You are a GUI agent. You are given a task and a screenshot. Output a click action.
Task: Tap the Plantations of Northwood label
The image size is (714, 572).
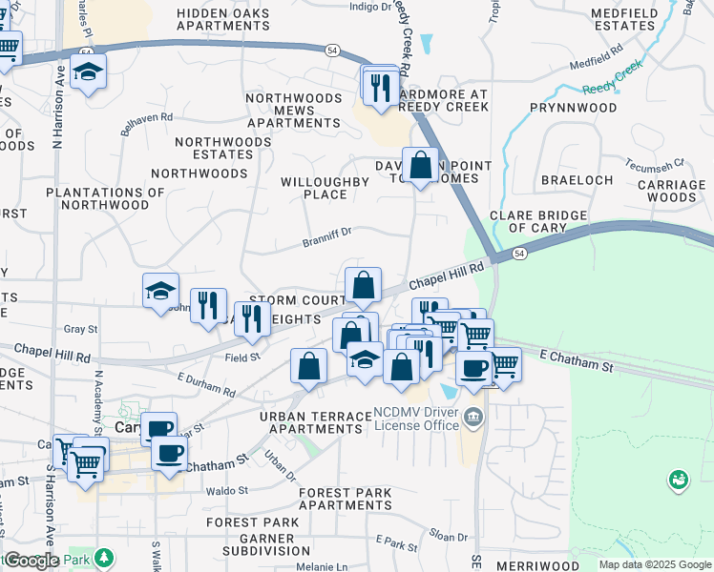(97, 198)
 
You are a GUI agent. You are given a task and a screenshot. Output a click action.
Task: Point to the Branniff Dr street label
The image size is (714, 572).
(327, 235)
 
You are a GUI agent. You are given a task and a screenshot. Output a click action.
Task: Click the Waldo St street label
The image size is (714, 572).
(226, 491)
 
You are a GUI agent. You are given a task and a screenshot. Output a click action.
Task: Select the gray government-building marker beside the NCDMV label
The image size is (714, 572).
(472, 416)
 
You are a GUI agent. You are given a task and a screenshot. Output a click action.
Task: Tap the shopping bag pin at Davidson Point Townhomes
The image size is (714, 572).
(420, 164)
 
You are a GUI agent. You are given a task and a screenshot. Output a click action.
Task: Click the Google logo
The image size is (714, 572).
(31, 561)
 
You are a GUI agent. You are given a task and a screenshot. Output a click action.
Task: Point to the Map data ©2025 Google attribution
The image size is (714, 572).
(655, 564)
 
